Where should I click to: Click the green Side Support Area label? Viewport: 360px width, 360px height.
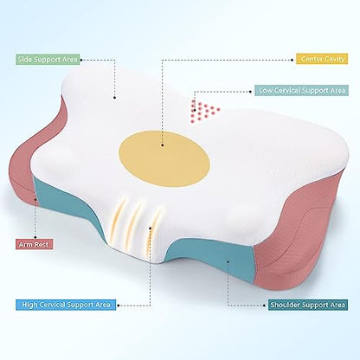pyautogui.click(x=48, y=60)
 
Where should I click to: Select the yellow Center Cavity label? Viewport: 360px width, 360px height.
pyautogui.click(x=322, y=59)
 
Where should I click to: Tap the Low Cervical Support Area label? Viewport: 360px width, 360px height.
pyautogui.click(x=301, y=91)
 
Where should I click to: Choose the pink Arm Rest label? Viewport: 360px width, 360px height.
pyautogui.click(x=34, y=244)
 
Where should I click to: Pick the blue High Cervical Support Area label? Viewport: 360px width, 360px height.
pyautogui.click(x=66, y=305)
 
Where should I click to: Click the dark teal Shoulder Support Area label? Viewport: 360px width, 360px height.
pyautogui.click(x=308, y=305)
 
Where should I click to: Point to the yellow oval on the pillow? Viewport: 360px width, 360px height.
pyautogui.click(x=164, y=158)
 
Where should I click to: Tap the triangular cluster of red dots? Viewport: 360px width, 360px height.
pyautogui.click(x=204, y=111)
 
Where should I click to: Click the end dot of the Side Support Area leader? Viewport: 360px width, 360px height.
pyautogui.click(x=115, y=98)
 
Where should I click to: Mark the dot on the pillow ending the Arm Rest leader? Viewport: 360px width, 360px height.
pyautogui.click(x=35, y=199)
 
